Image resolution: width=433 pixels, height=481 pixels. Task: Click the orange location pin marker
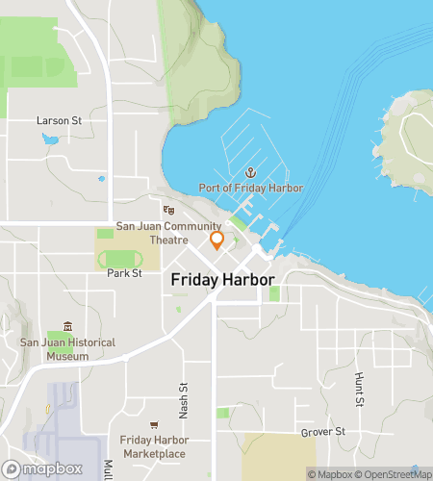216,240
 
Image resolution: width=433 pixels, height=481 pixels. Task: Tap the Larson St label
58,121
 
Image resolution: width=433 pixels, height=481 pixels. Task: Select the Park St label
124,273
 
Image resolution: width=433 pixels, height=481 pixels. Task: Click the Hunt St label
358,390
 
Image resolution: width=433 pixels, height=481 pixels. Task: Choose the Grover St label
322,432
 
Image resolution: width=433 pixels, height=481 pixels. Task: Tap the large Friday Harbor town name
222,280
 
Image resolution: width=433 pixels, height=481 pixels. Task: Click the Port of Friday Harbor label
251,188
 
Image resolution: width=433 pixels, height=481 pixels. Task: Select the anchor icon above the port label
251,171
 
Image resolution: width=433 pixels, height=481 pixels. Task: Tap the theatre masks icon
168,210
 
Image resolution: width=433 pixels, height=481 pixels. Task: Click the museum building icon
66,326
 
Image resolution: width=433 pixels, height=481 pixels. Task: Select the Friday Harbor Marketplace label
153,446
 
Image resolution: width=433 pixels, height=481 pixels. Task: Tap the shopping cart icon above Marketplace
153,424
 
